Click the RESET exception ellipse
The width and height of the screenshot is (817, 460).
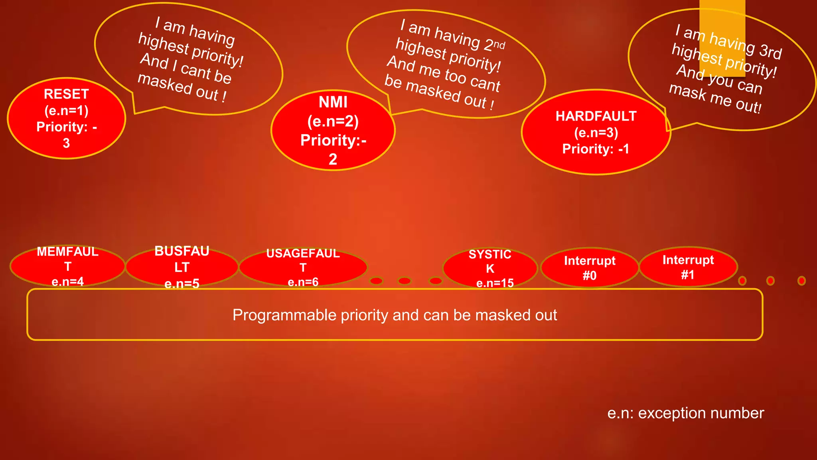[x=66, y=118]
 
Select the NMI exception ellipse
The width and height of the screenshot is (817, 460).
[x=333, y=130]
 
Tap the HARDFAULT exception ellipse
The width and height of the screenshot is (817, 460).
[x=596, y=132]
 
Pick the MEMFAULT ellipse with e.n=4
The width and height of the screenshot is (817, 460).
[x=67, y=266]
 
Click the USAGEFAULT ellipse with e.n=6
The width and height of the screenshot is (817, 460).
[x=303, y=267]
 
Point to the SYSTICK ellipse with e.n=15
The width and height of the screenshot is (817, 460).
[x=490, y=268]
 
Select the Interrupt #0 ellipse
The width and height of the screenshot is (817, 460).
[x=590, y=268]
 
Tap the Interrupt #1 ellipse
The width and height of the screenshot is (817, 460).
[x=688, y=267]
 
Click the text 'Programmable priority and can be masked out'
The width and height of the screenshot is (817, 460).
[x=395, y=315]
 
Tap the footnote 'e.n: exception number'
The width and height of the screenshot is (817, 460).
[x=685, y=413]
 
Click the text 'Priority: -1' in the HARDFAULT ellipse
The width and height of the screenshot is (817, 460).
[x=596, y=149]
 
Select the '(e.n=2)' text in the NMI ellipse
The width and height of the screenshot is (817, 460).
[x=333, y=121]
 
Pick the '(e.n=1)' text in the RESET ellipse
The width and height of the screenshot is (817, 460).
[x=66, y=111]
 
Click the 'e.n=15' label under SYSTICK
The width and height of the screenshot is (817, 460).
[x=495, y=283]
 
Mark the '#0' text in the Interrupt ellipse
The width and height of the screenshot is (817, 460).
[x=590, y=276]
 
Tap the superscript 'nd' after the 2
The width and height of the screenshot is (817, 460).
[x=499, y=44]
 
